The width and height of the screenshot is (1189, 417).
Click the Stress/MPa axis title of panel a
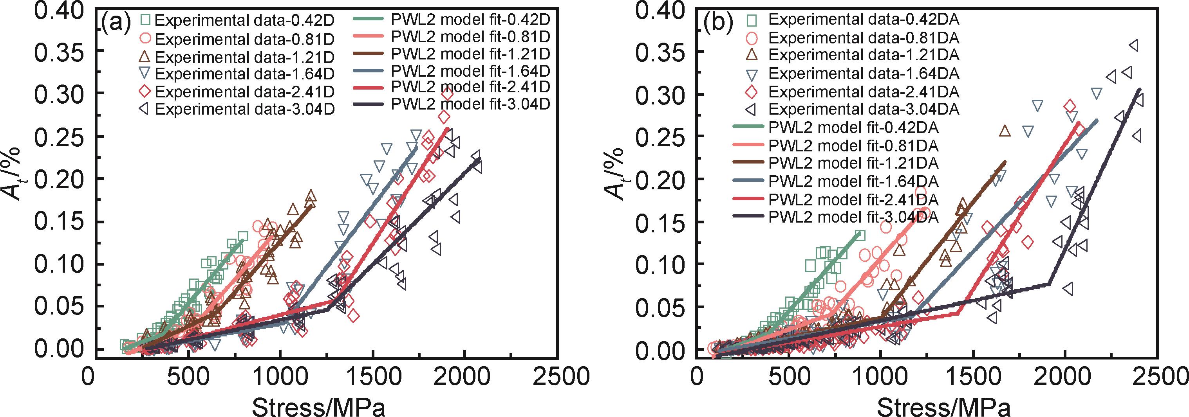pyautogui.click(x=318, y=406)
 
